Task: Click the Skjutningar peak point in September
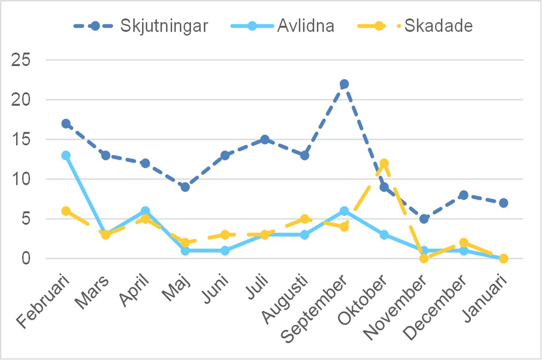[x=344, y=84]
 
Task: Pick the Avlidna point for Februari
[x=66, y=156]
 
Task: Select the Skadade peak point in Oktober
[x=384, y=163]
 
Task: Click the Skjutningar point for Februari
[x=66, y=124]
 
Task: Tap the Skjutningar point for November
[x=424, y=219]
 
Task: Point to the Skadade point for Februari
[x=66, y=211]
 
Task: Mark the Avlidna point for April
[x=145, y=211]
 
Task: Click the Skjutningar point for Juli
[x=264, y=139]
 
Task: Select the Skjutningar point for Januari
[x=504, y=203]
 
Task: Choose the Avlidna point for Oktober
[x=384, y=235]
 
